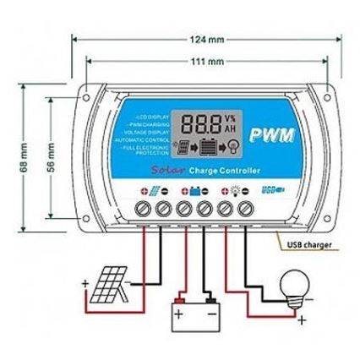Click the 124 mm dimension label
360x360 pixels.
click(206, 40)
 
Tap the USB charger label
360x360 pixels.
click(309, 245)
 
